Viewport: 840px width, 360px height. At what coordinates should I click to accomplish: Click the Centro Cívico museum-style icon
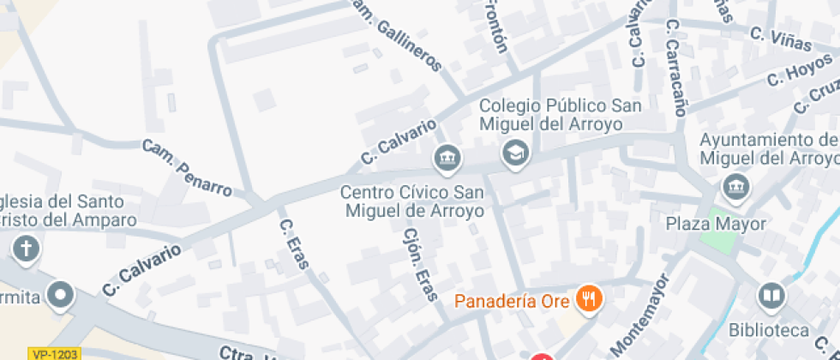[x=447, y=158]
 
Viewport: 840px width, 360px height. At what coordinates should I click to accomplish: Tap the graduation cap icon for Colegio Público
[x=516, y=154]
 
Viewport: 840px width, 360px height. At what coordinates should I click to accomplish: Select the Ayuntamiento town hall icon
[x=735, y=184]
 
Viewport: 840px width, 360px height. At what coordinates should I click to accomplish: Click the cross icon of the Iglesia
[x=26, y=249]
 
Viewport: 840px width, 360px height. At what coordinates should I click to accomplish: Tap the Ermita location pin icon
[x=60, y=296]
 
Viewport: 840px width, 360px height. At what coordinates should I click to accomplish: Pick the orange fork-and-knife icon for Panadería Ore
[x=589, y=299]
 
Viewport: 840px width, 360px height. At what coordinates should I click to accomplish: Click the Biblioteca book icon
[x=771, y=297]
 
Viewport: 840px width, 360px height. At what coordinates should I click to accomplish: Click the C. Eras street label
[x=293, y=244]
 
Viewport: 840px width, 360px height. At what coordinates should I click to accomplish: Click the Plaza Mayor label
[x=716, y=224]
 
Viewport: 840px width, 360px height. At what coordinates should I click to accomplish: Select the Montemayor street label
[x=639, y=315]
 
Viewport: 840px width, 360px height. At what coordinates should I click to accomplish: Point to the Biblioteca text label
[x=769, y=330]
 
